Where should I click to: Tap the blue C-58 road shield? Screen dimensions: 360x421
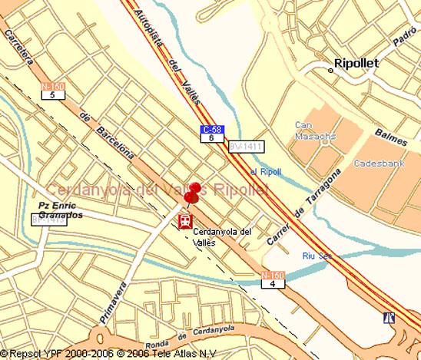(212, 130)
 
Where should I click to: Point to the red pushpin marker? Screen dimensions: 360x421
(193, 193)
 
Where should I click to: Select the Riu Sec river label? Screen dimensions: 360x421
(315, 255)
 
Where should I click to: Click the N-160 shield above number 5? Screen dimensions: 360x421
(53, 87)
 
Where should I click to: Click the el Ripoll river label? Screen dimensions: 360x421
(266, 171)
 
